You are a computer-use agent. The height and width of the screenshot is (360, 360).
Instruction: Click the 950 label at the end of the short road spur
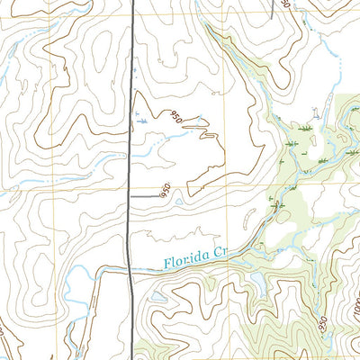[x=164, y=191]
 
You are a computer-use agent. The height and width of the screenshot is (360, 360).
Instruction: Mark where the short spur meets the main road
[x=131, y=195]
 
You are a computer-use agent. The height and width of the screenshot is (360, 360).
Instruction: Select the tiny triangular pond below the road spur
[x=179, y=202]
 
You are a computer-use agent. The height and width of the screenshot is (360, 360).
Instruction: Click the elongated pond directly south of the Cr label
[x=256, y=286]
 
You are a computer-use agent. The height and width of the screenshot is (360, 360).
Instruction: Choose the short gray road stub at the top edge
[x=273, y=7]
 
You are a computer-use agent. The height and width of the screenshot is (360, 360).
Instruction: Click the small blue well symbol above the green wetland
[x=314, y=112]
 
